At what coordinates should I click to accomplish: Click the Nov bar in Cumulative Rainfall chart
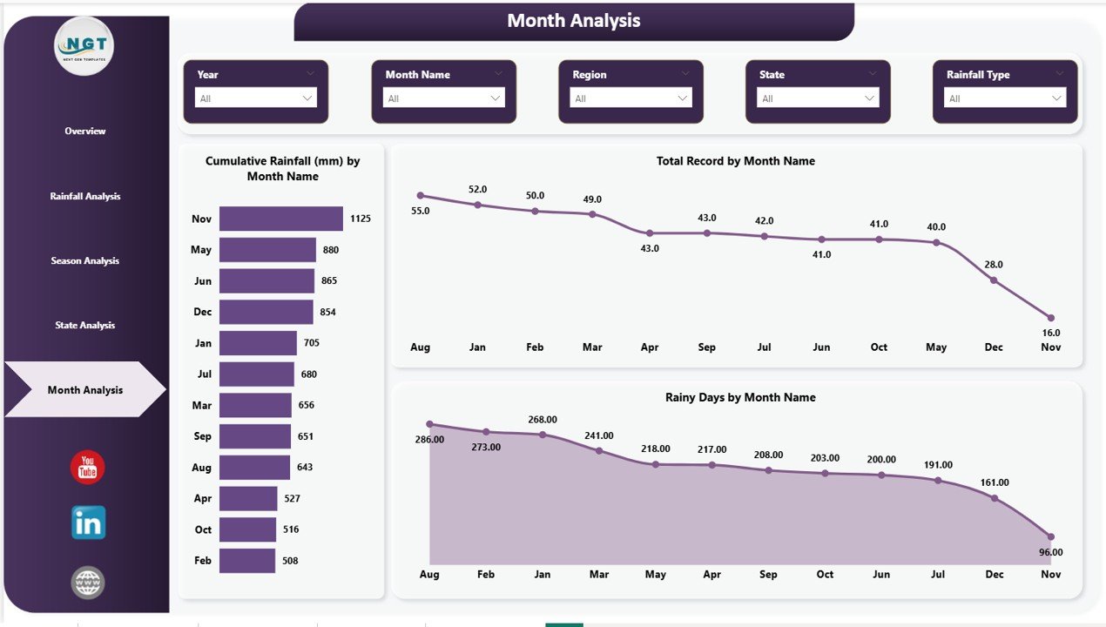(x=280, y=219)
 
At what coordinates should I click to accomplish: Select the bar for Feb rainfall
(x=247, y=561)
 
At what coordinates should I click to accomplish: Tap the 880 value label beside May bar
(x=330, y=250)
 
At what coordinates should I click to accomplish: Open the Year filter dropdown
(x=256, y=98)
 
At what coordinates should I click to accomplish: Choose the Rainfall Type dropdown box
(x=1005, y=98)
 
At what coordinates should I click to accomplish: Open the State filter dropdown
(x=818, y=98)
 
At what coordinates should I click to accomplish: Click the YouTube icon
(x=87, y=468)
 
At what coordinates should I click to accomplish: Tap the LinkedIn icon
(x=88, y=522)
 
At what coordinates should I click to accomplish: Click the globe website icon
(x=88, y=582)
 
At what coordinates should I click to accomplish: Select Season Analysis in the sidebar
(x=84, y=261)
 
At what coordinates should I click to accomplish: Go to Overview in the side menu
(x=84, y=131)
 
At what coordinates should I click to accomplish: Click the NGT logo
(x=84, y=46)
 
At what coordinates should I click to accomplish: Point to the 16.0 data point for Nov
(x=1050, y=318)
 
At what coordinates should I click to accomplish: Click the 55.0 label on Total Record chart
(x=421, y=211)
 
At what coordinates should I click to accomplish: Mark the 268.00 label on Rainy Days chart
(x=542, y=420)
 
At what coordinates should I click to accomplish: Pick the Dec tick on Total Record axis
(x=994, y=347)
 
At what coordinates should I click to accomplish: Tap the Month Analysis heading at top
(x=573, y=21)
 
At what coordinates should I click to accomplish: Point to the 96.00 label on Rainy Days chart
(x=1051, y=552)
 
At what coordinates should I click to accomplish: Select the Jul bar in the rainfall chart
(x=257, y=374)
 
